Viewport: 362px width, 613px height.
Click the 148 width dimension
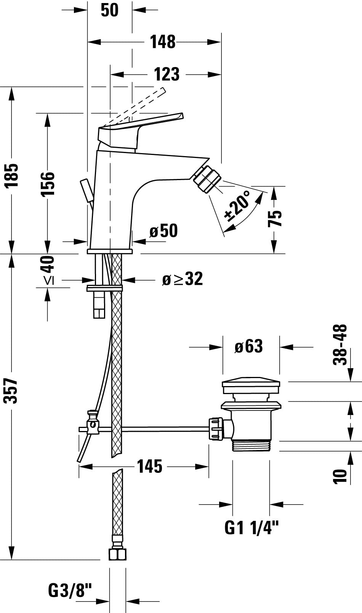[x=163, y=42]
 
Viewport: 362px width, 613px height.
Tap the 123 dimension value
[x=167, y=74]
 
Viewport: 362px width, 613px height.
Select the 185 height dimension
[x=12, y=176]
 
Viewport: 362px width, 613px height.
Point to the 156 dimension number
[x=48, y=184]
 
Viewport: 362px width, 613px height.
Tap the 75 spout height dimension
[x=275, y=219]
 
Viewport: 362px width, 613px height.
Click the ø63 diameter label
[x=248, y=346]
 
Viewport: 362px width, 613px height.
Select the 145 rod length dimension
[x=149, y=466]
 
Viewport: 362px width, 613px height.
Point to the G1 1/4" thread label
[x=251, y=528]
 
